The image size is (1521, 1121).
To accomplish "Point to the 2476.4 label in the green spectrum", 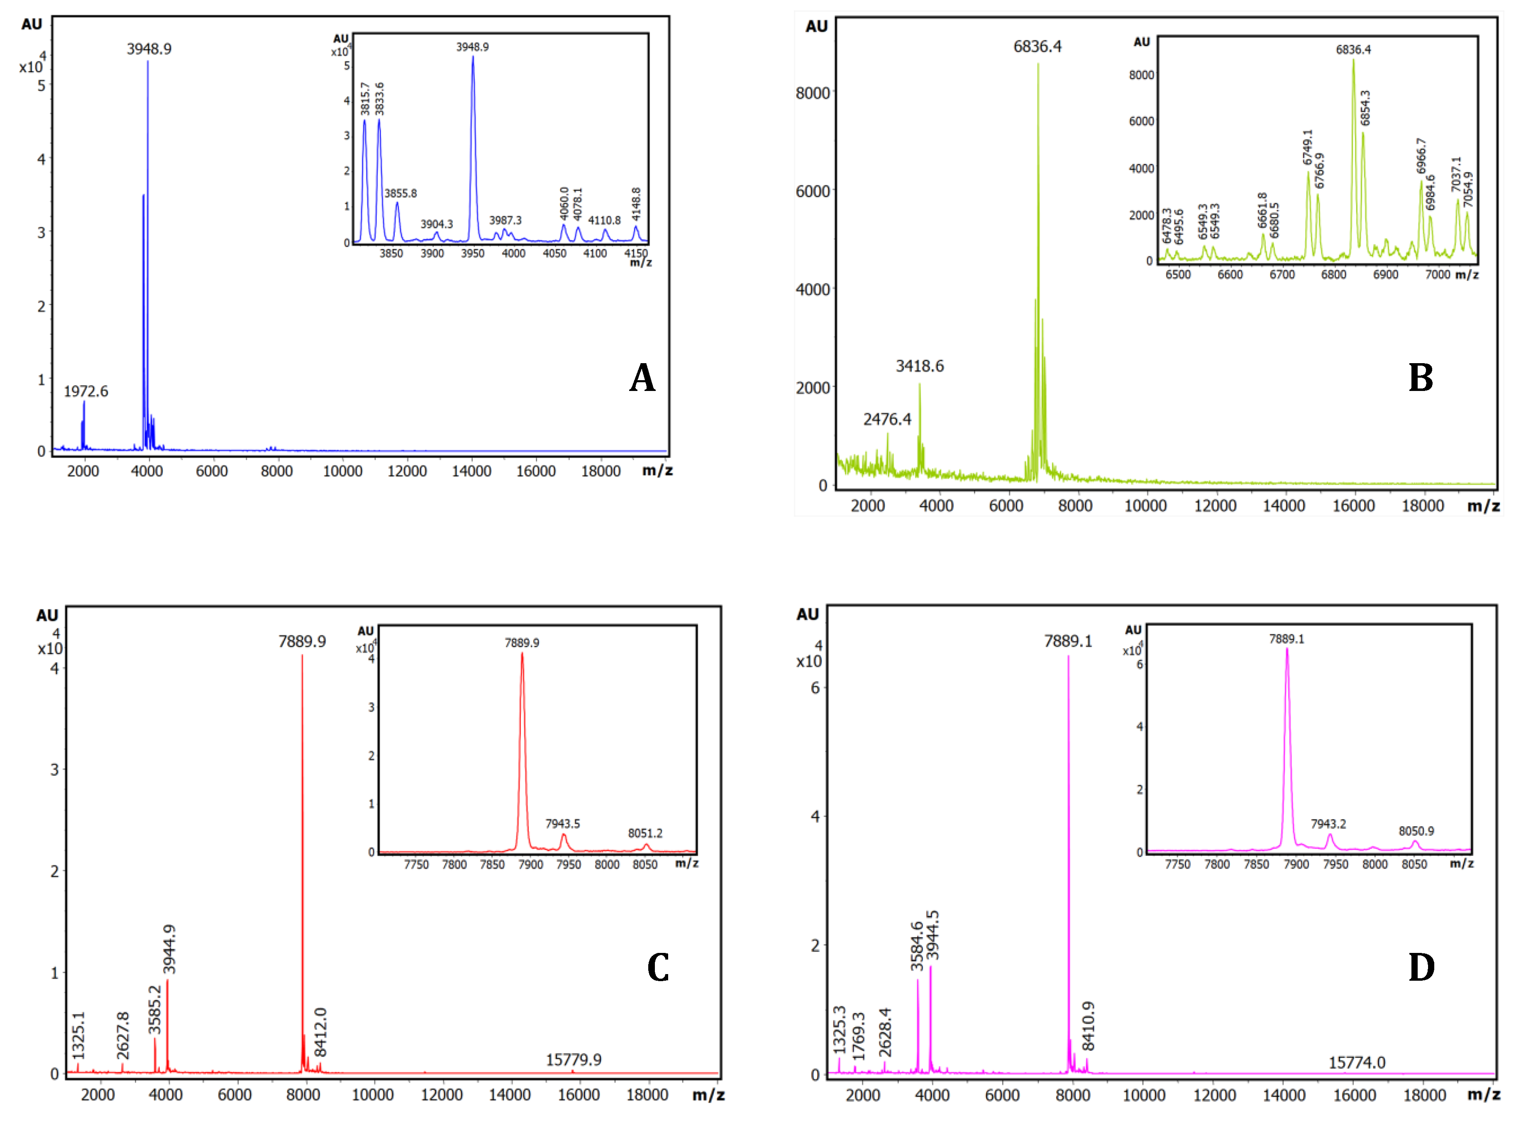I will [887, 419].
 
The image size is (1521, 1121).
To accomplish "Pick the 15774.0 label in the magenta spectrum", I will [1356, 1062].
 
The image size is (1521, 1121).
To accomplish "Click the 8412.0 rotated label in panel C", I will [320, 1032].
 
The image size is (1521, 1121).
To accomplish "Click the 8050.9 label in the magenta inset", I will [1416, 831].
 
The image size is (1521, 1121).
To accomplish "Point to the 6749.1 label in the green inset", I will [1307, 147].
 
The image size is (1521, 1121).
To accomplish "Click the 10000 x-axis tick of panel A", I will [342, 471].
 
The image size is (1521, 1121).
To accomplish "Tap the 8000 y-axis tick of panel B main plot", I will [813, 93].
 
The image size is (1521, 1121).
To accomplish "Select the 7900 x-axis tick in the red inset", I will [530, 865].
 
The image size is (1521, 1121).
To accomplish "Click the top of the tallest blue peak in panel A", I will [148, 62].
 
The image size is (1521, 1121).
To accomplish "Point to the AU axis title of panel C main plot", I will [47, 615].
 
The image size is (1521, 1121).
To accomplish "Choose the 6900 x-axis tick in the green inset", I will [1385, 275].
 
